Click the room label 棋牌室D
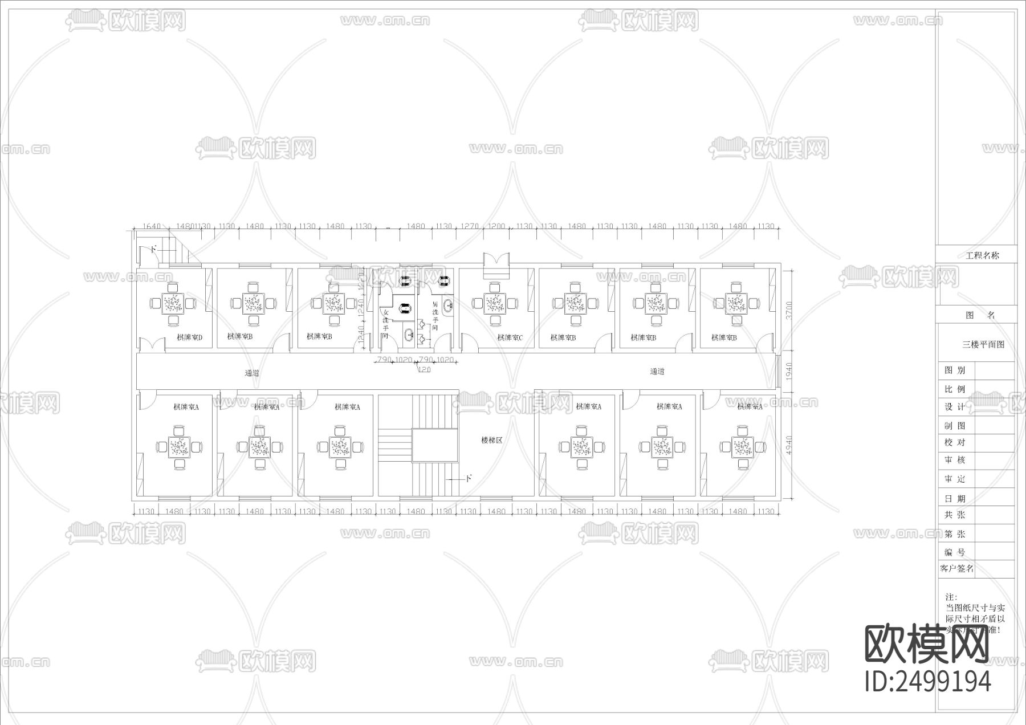point(189,337)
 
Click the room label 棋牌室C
point(509,337)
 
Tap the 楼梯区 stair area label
point(491,440)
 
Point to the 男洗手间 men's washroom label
point(434,316)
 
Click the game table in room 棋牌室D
point(172,303)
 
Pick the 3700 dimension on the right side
point(788,311)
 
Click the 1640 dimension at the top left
point(151,226)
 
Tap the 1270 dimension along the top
point(470,226)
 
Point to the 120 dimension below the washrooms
point(424,370)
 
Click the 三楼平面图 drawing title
point(983,344)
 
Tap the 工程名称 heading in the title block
point(982,255)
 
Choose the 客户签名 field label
point(956,568)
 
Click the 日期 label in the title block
point(955,498)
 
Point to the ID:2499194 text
point(928,681)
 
